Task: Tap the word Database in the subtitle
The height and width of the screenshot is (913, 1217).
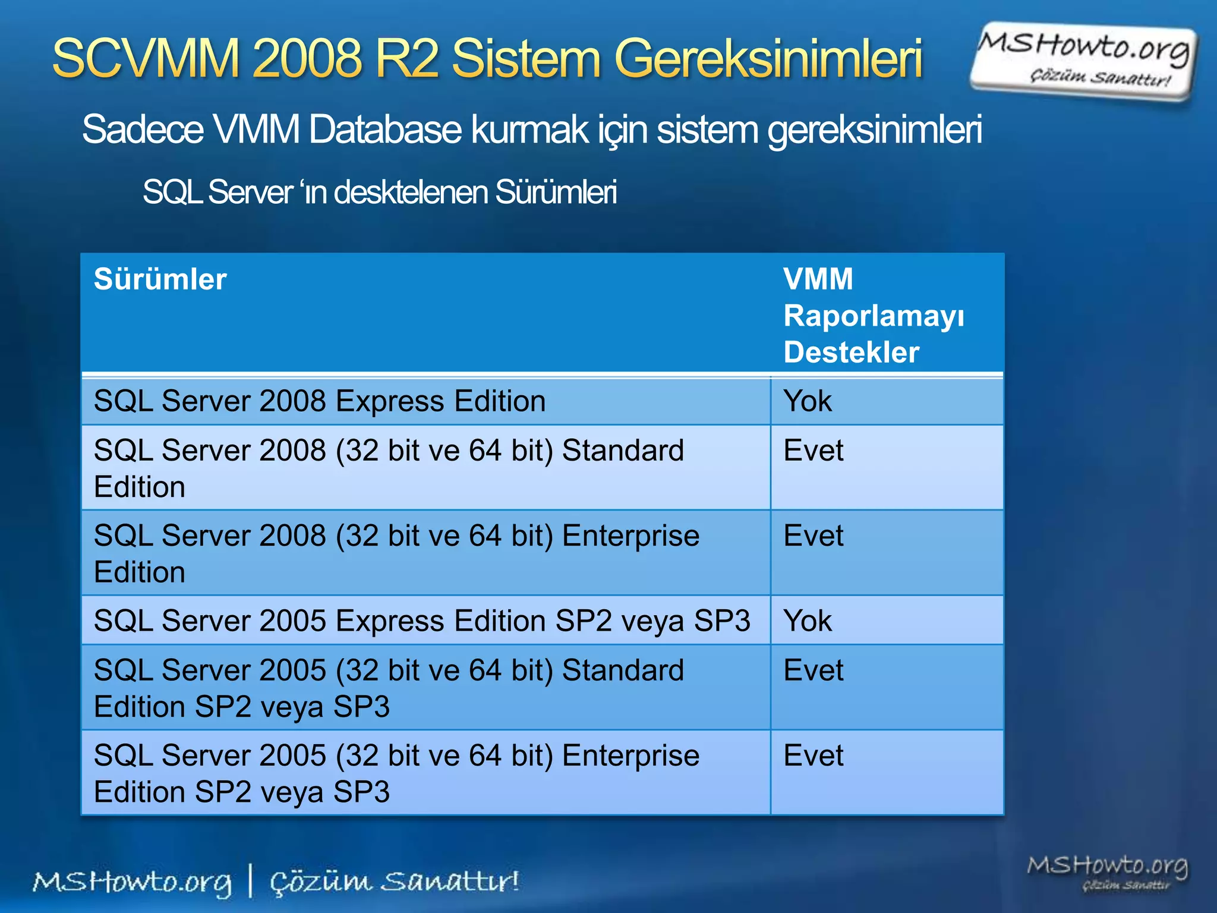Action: tap(384, 129)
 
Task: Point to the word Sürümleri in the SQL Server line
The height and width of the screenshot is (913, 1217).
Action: tap(556, 192)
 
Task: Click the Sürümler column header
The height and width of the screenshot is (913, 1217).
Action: tap(160, 279)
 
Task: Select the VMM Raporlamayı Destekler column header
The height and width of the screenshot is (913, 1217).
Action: tap(873, 315)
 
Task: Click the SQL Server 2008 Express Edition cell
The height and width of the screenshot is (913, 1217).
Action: tap(320, 401)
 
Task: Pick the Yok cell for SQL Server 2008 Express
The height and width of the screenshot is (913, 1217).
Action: tap(807, 401)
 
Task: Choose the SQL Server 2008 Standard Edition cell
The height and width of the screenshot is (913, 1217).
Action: tap(389, 468)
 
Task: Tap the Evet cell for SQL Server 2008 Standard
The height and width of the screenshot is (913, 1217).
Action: tap(813, 450)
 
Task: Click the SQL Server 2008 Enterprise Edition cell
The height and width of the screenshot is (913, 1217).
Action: tap(396, 553)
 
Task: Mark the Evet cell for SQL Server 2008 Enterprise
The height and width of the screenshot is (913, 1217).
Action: tap(813, 535)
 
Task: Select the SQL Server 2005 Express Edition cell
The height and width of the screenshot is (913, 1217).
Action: tap(422, 621)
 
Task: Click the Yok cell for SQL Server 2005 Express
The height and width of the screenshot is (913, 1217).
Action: tap(807, 621)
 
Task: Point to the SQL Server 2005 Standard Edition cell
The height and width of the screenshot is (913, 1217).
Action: tap(389, 688)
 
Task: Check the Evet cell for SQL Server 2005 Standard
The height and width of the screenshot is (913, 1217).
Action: tap(813, 670)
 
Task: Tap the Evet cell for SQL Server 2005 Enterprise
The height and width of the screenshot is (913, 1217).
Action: tap(813, 755)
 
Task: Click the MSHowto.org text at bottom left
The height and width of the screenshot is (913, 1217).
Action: tap(132, 882)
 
